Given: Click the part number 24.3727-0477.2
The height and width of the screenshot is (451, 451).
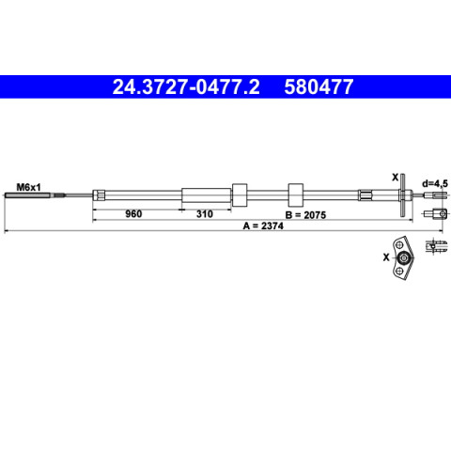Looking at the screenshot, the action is (186, 86).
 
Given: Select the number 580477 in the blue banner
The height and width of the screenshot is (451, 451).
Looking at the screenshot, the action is (319, 86).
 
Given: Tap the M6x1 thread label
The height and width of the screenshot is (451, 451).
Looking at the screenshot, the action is (28, 188).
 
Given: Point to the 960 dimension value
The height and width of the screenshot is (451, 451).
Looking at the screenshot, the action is (133, 214).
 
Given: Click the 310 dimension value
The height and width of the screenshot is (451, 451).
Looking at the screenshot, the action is (205, 214).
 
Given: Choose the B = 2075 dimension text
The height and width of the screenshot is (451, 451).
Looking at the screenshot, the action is (305, 215).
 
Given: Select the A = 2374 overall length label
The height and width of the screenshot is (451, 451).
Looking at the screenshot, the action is (263, 225).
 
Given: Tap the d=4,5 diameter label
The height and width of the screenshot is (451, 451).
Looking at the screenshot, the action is (435, 184).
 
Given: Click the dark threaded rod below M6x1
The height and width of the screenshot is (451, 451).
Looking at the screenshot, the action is (27, 195).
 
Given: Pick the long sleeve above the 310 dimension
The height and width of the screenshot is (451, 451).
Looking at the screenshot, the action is (207, 195).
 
